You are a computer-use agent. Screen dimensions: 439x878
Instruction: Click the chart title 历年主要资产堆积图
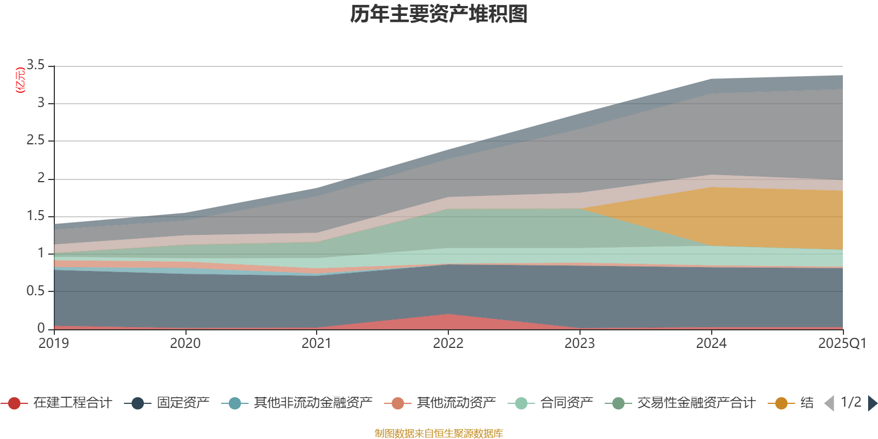(x=439, y=14)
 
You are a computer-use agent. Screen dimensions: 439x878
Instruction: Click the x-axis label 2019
(x=54, y=344)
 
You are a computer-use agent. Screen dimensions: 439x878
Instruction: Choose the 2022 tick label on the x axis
(x=448, y=344)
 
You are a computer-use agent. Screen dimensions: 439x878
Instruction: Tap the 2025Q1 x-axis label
(x=842, y=344)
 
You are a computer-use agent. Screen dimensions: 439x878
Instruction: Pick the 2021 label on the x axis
(x=317, y=344)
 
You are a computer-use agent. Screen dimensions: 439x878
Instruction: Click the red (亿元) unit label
(x=20, y=80)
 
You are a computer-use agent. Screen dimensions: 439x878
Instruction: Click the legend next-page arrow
(x=872, y=403)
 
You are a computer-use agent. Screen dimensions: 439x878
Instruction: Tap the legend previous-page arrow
(x=829, y=403)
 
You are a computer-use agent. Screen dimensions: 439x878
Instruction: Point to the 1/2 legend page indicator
(x=851, y=402)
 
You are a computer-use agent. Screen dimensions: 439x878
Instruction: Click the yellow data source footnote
(x=439, y=434)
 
